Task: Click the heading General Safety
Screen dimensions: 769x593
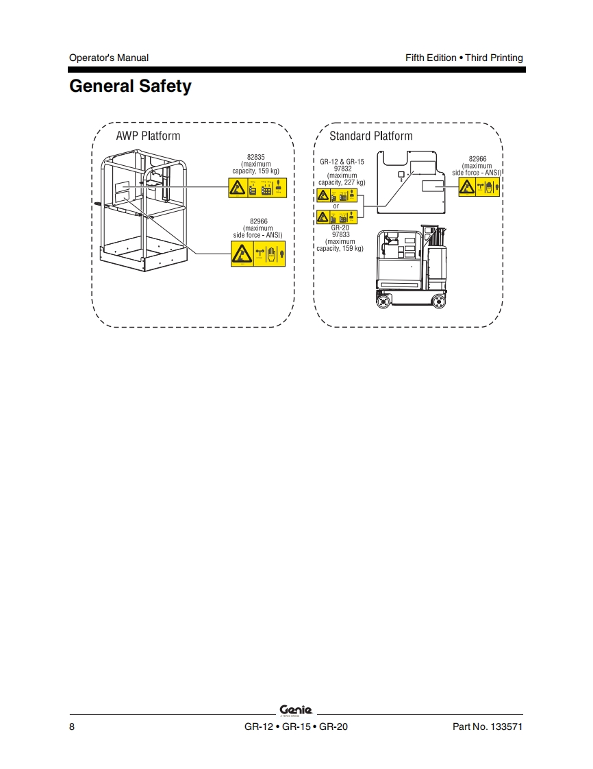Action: pyautogui.click(x=130, y=87)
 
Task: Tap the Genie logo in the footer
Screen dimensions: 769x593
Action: pyautogui.click(x=296, y=710)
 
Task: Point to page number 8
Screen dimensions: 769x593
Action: pyautogui.click(x=72, y=727)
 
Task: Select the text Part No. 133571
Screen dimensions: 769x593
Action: pyautogui.click(x=488, y=727)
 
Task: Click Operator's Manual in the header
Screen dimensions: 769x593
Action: pyautogui.click(x=109, y=58)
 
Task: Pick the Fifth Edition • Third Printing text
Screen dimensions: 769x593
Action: pyautogui.click(x=464, y=58)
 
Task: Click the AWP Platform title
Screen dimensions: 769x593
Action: pyautogui.click(x=148, y=136)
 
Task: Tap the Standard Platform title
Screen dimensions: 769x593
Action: pyautogui.click(x=371, y=136)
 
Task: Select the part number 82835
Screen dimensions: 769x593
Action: pyautogui.click(x=256, y=158)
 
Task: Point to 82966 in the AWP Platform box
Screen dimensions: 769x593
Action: pyautogui.click(x=258, y=221)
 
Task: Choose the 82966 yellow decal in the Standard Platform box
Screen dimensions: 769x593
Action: pyautogui.click(x=479, y=186)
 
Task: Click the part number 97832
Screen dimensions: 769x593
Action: pyautogui.click(x=342, y=169)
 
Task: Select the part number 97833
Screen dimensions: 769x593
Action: pyautogui.click(x=341, y=234)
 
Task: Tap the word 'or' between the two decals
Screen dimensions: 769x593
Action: pyautogui.click(x=336, y=206)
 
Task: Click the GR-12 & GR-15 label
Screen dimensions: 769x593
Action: pyautogui.click(x=342, y=162)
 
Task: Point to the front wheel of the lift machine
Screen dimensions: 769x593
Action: pyautogui.click(x=383, y=300)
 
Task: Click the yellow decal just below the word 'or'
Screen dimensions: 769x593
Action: pyautogui.click(x=337, y=217)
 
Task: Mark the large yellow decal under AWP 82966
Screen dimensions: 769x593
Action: pyautogui.click(x=258, y=254)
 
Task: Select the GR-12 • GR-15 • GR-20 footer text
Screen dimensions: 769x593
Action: pyautogui.click(x=296, y=727)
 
